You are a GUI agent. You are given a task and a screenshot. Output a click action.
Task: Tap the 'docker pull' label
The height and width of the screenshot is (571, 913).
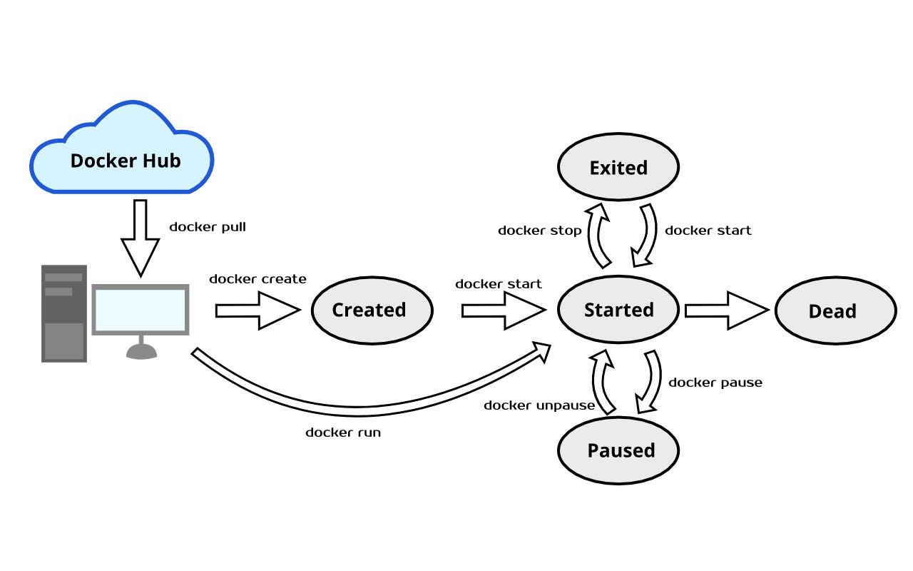coord(207,227)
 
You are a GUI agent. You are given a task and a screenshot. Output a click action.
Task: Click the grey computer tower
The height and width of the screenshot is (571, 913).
coord(64,313)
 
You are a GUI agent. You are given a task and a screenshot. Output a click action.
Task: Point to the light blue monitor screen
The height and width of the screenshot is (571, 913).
coord(141,310)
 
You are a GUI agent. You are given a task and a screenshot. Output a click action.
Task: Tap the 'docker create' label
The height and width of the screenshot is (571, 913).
coord(257,279)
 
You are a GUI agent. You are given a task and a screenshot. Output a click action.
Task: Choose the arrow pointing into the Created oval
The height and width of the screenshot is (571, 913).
coord(257,310)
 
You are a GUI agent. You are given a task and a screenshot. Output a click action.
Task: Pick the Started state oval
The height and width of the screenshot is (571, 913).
coord(618,310)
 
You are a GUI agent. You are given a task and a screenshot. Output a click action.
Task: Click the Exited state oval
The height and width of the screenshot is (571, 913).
coord(618,168)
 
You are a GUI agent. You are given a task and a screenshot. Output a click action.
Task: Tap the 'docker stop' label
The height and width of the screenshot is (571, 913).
coord(539,231)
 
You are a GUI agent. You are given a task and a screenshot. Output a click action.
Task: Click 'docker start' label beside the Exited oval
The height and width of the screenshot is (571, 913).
coord(708,231)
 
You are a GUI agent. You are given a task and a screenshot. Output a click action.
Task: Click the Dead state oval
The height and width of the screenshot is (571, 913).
coord(835,311)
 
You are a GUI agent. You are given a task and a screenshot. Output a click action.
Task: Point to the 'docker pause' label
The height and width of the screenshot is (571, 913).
coord(715,383)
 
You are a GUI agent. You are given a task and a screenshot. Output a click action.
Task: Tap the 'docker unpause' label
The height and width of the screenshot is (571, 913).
coord(539,405)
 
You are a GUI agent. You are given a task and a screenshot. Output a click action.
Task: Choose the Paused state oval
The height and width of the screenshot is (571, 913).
coord(618,450)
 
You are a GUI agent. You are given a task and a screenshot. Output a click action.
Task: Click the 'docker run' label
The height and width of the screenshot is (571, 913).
coord(343,433)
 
